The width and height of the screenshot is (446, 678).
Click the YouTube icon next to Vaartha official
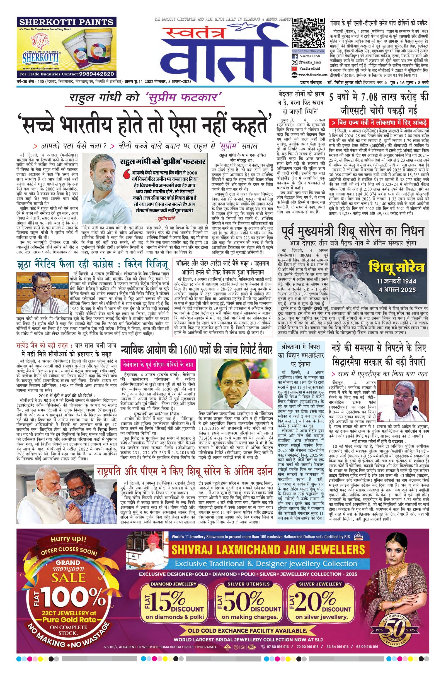(294, 68)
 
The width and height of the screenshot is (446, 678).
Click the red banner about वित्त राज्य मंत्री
(379, 123)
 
